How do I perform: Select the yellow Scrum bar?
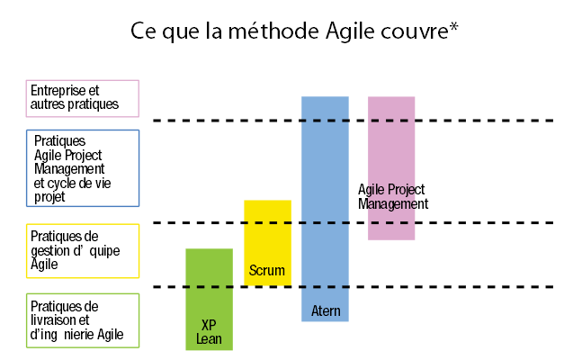[x=267, y=234]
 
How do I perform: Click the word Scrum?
[x=267, y=270]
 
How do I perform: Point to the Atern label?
[x=326, y=311]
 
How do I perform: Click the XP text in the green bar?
[x=209, y=325]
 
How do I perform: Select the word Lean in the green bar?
[x=209, y=339]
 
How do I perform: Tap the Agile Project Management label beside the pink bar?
[x=392, y=197]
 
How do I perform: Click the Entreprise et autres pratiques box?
[x=83, y=98]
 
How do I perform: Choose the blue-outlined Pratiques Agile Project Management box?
[x=83, y=168]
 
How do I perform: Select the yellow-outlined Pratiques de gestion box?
[x=83, y=250]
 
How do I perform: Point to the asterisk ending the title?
[x=454, y=27]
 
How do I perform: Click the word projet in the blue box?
[x=50, y=194]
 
